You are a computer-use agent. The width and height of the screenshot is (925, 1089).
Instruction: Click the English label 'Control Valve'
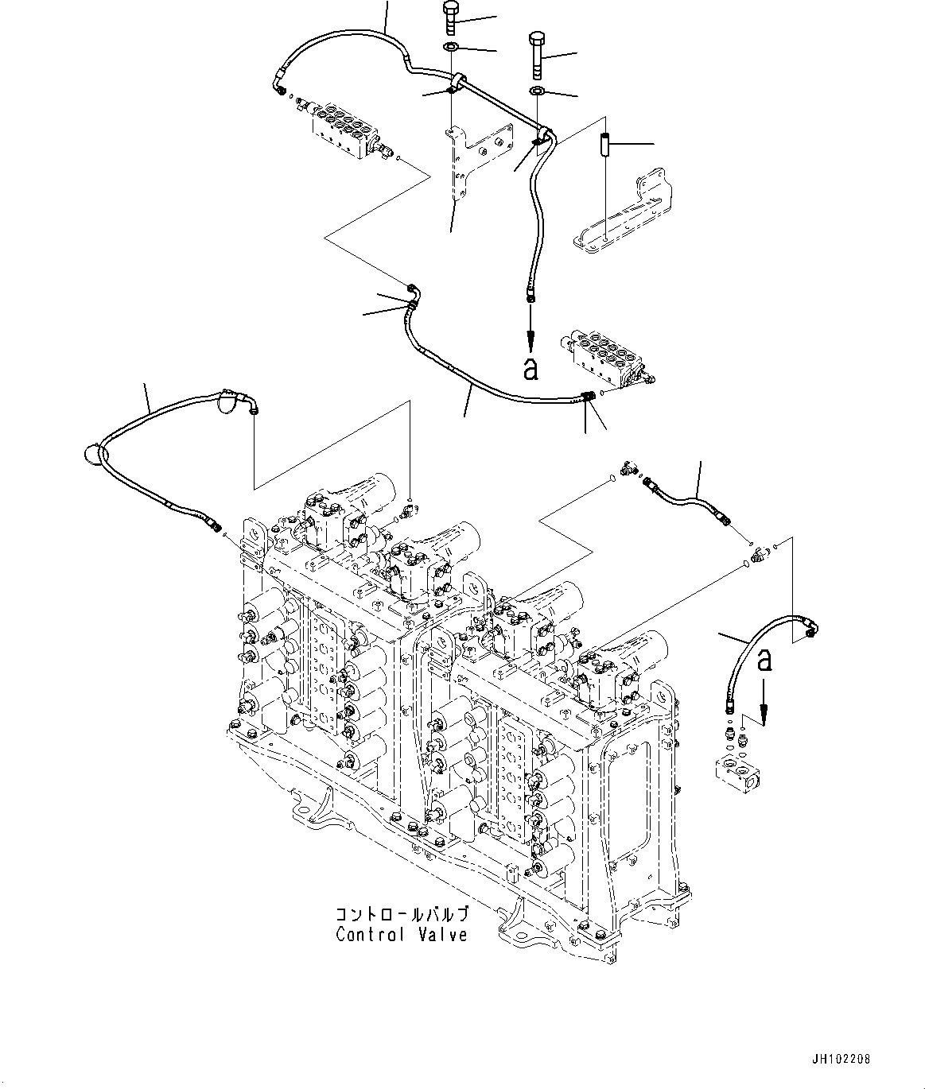click(x=402, y=935)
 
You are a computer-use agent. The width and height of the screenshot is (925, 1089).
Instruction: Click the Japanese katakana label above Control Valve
click(x=401, y=913)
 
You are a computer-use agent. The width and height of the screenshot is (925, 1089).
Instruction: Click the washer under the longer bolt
click(x=538, y=91)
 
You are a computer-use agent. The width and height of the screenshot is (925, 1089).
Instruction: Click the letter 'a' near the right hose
click(x=765, y=659)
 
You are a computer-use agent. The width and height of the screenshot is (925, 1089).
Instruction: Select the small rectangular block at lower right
click(x=739, y=771)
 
